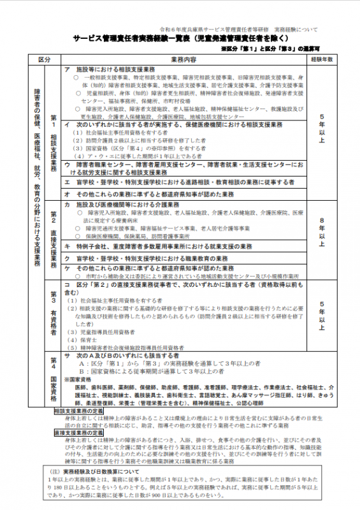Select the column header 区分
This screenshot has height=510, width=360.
[x=44, y=59]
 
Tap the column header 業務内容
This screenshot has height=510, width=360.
[x=185, y=59]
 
